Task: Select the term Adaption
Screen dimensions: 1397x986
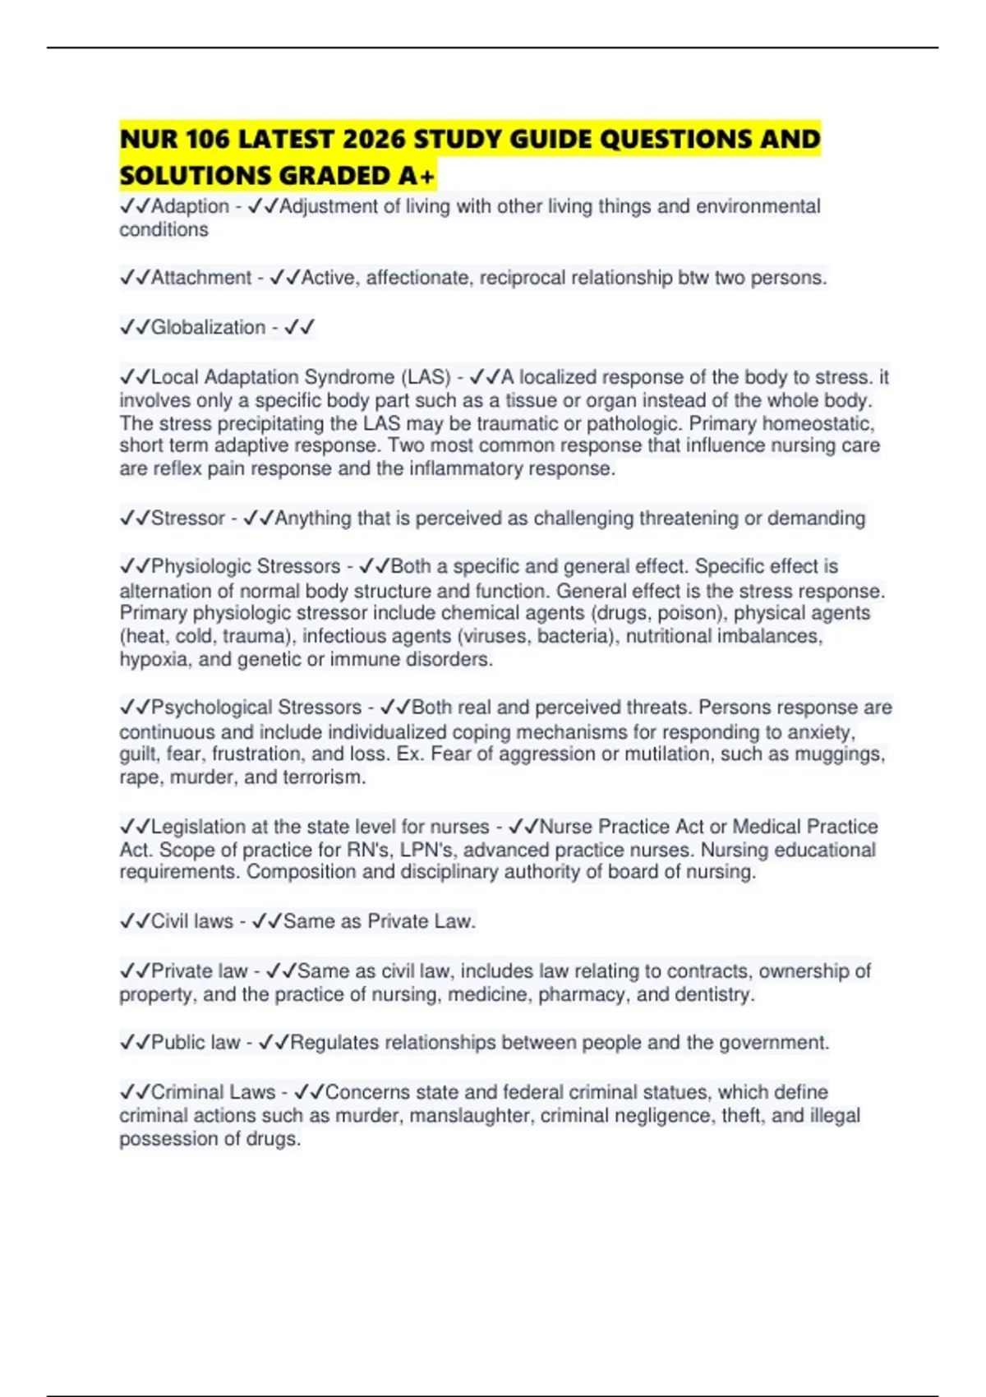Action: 190,206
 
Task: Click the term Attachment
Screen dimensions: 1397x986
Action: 200,278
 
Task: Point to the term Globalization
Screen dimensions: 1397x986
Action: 208,327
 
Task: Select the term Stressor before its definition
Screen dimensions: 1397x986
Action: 187,519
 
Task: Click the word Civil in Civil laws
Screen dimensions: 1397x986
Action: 170,921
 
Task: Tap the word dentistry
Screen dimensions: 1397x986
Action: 714,994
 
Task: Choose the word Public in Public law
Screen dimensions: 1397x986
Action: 177,1043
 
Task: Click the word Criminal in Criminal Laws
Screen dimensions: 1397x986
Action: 188,1092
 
